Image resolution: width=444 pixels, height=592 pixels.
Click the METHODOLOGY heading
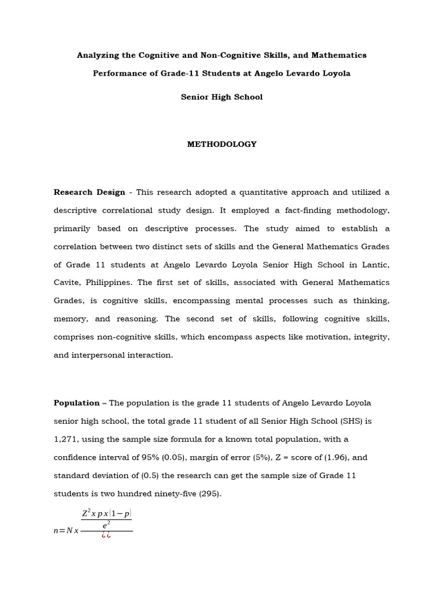point(221,145)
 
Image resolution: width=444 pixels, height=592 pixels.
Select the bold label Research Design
point(89,193)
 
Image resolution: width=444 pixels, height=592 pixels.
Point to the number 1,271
point(64,439)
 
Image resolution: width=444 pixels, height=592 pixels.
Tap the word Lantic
point(375,265)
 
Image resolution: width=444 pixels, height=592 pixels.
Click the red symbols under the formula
point(106,535)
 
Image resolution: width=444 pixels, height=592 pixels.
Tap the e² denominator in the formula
point(106,524)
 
